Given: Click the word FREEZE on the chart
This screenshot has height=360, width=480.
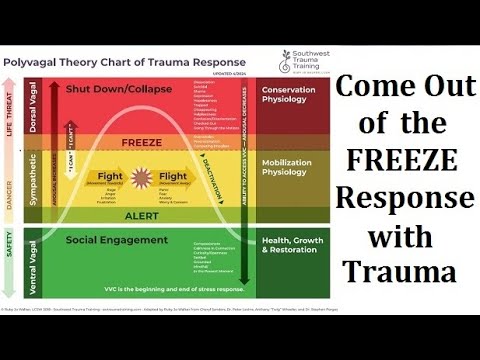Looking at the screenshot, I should click(142, 141).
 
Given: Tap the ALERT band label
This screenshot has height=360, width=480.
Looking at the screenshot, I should click(141, 215).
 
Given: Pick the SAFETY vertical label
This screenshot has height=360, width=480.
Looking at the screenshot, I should click(11, 263).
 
